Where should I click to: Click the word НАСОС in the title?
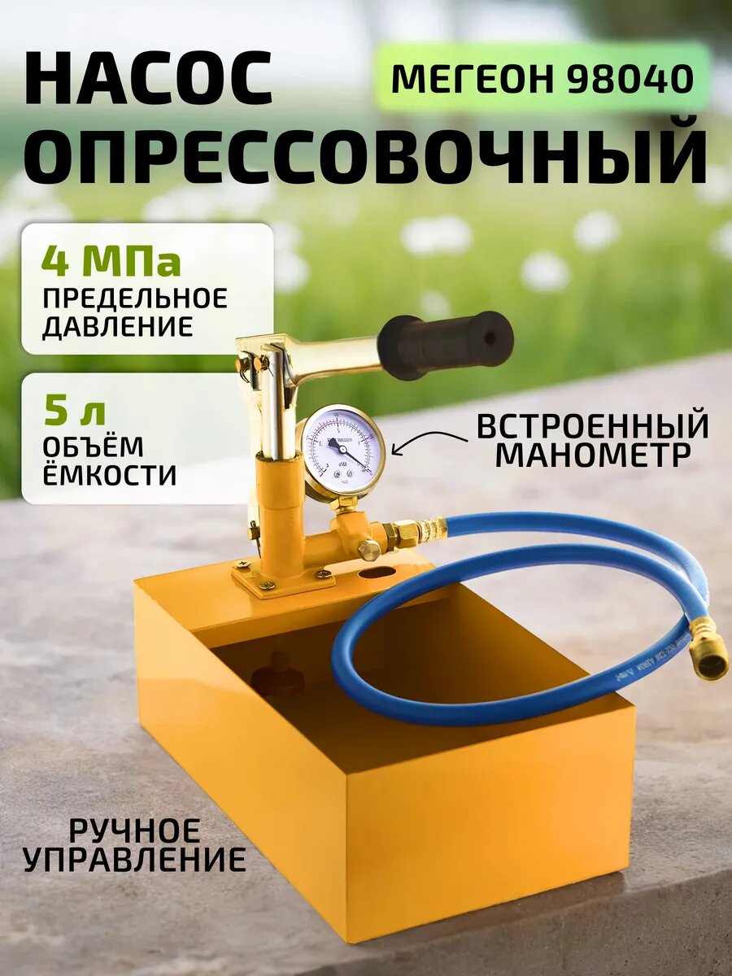click(x=148, y=79)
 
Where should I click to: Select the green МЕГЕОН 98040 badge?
click(x=542, y=78)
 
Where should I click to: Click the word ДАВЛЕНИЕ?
click(x=117, y=327)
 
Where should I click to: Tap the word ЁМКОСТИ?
click(x=109, y=475)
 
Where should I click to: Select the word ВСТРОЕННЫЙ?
click(x=592, y=426)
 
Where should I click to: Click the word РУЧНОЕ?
click(x=134, y=830)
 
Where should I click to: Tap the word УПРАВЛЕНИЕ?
click(x=134, y=860)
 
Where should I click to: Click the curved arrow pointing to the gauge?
click(x=429, y=442)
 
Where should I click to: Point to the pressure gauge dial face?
click(x=342, y=449)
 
